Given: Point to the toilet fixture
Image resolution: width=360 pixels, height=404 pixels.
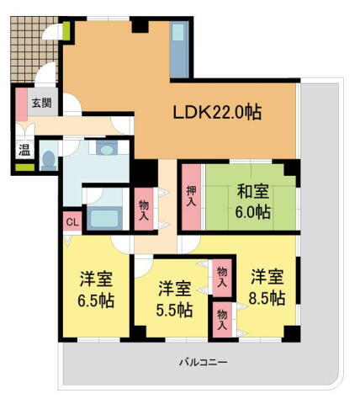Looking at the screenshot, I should pos(49,158).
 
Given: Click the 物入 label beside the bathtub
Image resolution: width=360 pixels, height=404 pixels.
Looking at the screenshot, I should pos(144,210).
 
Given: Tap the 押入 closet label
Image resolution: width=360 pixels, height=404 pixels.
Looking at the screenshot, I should pos(191,199).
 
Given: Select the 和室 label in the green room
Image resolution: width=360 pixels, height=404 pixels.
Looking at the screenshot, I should pos(252,190).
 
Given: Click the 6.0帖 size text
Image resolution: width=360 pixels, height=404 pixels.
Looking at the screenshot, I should pos(252,212).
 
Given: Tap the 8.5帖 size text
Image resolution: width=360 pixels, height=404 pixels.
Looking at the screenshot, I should pos(267,297).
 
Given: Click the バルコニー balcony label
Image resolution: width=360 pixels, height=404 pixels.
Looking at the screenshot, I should pos(203,362).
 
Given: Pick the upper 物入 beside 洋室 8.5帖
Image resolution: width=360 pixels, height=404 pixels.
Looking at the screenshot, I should pos(222,278).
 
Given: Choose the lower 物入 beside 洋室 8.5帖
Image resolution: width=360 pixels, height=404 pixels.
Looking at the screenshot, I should pos(222,319).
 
